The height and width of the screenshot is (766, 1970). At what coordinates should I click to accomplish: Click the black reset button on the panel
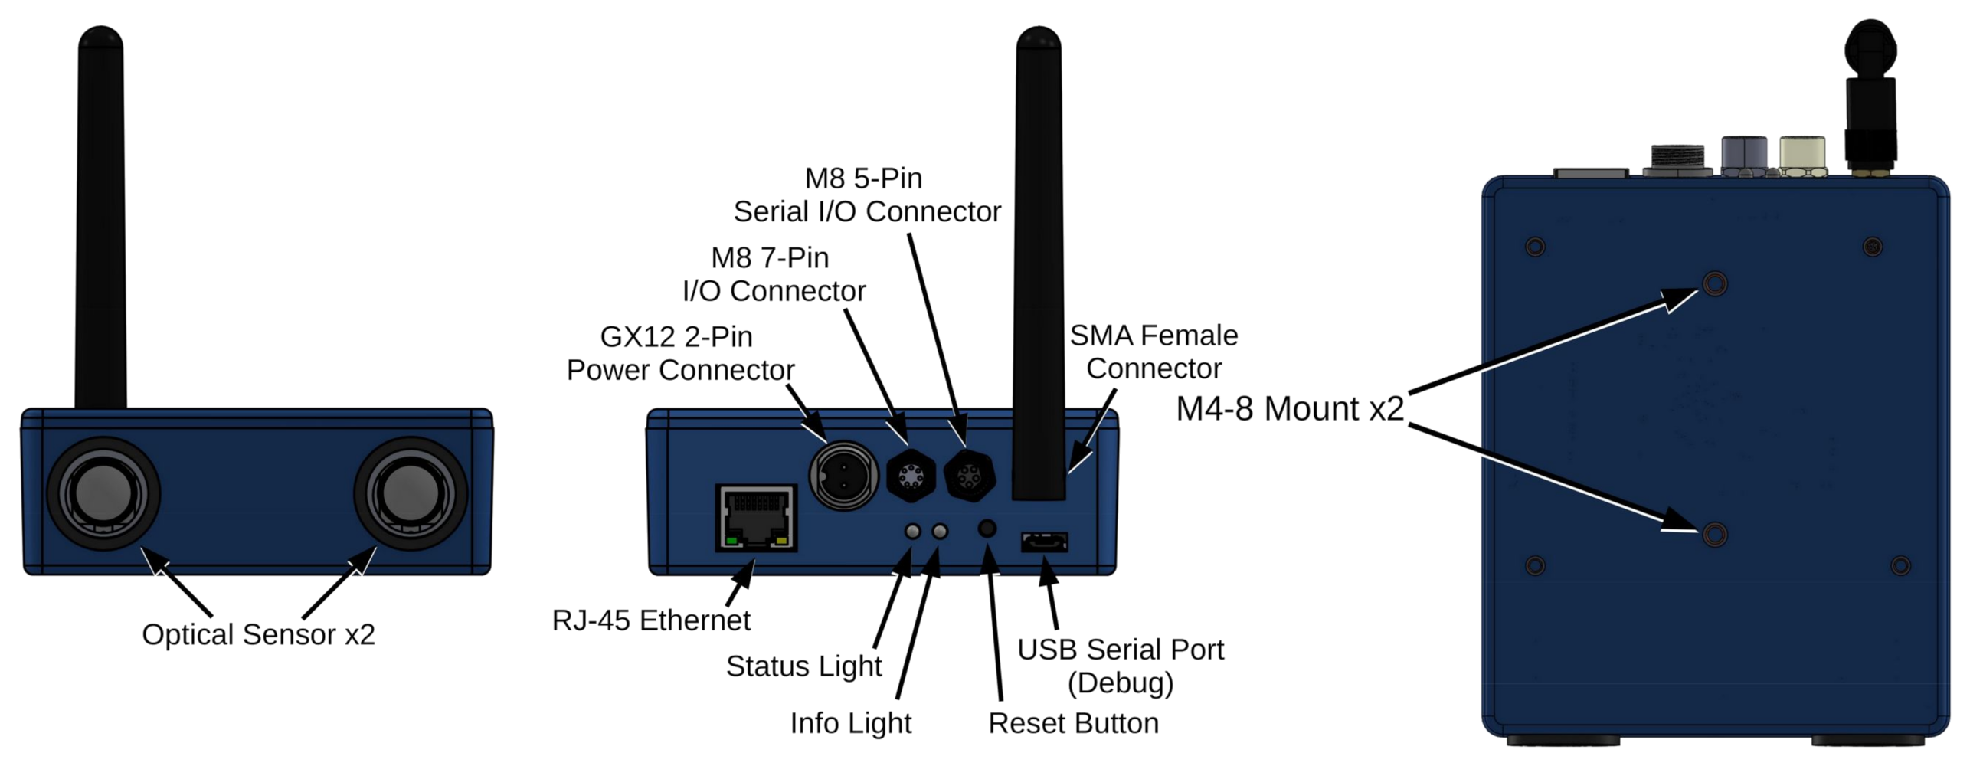point(987,529)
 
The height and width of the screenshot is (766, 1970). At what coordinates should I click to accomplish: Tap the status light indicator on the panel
point(913,531)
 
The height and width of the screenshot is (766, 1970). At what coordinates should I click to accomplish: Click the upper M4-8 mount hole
point(1714,284)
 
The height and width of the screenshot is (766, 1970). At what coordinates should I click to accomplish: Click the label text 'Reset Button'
point(1073,723)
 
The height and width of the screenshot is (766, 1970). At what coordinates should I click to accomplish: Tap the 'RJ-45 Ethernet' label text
point(651,620)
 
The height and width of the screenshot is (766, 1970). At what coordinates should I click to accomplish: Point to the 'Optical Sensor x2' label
point(259,635)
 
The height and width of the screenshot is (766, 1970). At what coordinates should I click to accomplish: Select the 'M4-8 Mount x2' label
point(1290,409)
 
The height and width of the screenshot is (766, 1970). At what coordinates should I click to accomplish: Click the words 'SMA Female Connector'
point(1154,352)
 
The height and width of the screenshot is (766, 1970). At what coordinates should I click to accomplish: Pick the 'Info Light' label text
point(851,723)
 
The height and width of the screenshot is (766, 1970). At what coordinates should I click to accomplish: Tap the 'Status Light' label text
point(803,666)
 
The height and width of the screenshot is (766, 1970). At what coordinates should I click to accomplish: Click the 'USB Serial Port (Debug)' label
point(1121,666)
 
